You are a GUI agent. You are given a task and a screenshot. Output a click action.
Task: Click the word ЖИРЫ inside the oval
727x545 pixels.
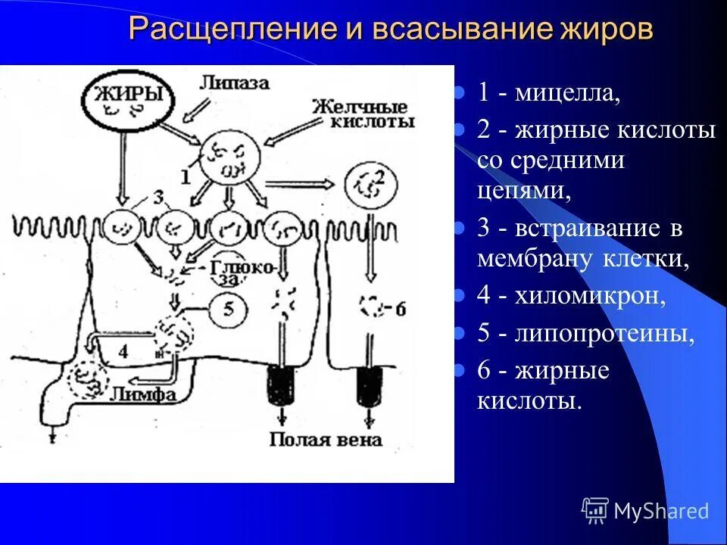(129, 95)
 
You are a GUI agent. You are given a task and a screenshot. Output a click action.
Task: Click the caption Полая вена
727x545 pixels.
(326, 439)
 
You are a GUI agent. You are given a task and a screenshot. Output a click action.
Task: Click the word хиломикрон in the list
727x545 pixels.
(591, 295)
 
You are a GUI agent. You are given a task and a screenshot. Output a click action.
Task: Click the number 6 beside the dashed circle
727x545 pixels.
(400, 307)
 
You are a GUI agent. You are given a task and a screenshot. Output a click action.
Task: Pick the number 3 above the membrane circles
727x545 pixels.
(158, 198)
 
